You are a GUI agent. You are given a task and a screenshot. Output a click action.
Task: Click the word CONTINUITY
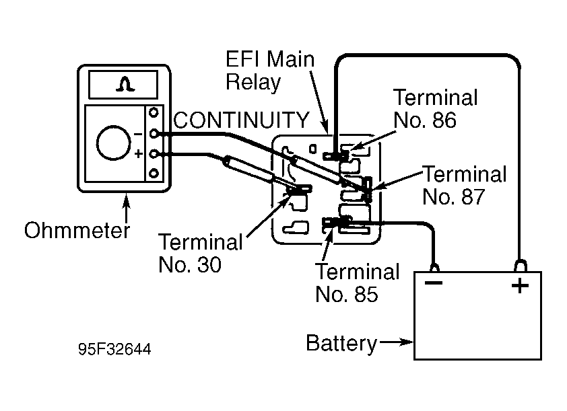tap(241, 120)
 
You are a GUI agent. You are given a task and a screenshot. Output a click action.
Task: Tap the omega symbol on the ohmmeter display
tap(125, 84)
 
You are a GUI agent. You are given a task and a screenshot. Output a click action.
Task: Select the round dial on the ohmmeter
tap(114, 143)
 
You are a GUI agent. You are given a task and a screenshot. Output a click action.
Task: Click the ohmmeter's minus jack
tap(154, 134)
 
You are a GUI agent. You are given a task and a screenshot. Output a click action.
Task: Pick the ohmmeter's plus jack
tap(154, 154)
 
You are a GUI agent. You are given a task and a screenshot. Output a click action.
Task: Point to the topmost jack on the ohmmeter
tap(154, 113)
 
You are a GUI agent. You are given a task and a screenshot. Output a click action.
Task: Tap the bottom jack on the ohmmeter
tap(154, 174)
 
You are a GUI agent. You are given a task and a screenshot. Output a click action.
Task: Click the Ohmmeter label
tap(77, 230)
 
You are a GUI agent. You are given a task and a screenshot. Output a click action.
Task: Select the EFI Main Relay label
tap(270, 71)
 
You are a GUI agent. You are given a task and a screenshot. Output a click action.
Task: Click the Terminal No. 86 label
tap(436, 108)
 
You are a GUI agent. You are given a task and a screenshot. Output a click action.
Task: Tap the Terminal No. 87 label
tap(464, 185)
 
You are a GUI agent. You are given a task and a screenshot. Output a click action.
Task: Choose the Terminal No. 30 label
tap(201, 253)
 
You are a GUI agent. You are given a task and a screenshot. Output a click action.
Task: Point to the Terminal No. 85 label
tap(358, 283)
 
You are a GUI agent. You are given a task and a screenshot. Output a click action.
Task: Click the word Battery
tap(341, 343)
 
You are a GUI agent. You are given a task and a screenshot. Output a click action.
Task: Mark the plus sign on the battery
tap(520, 286)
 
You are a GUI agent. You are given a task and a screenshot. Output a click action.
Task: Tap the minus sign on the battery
tap(434, 283)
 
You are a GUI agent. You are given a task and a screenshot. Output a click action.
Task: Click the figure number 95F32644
tap(114, 349)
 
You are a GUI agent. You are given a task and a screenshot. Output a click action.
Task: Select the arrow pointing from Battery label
tap(396, 342)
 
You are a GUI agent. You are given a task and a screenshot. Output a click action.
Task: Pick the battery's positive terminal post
tap(520, 266)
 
